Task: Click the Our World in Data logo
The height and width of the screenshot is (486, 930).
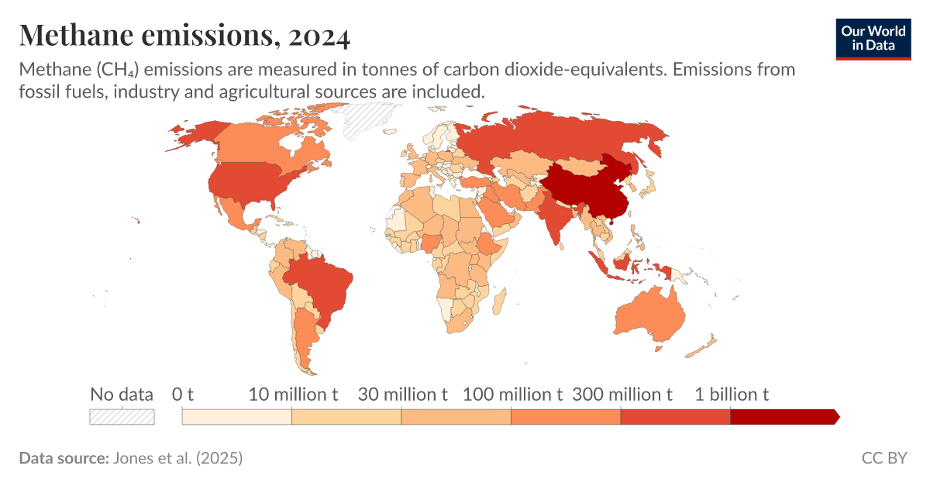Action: click(873, 38)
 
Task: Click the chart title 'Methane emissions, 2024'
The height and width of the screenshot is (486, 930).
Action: click(184, 35)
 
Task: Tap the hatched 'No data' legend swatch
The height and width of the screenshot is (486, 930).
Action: click(122, 416)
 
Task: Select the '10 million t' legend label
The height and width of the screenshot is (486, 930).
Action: click(293, 394)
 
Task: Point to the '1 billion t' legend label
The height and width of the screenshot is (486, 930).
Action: click(731, 394)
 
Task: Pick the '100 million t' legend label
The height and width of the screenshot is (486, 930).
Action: click(512, 394)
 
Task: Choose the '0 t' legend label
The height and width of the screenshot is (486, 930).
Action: click(182, 394)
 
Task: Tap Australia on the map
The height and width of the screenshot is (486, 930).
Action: click(650, 314)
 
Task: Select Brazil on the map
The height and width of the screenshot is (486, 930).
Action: click(318, 283)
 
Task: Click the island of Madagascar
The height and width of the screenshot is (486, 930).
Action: click(501, 298)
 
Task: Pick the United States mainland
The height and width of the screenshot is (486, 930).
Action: click(248, 182)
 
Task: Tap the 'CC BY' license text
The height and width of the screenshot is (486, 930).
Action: click(883, 458)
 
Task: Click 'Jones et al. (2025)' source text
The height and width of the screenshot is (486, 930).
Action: click(177, 458)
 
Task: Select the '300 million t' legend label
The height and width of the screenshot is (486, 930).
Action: click(622, 394)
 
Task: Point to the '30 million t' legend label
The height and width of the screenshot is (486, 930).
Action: click(402, 394)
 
